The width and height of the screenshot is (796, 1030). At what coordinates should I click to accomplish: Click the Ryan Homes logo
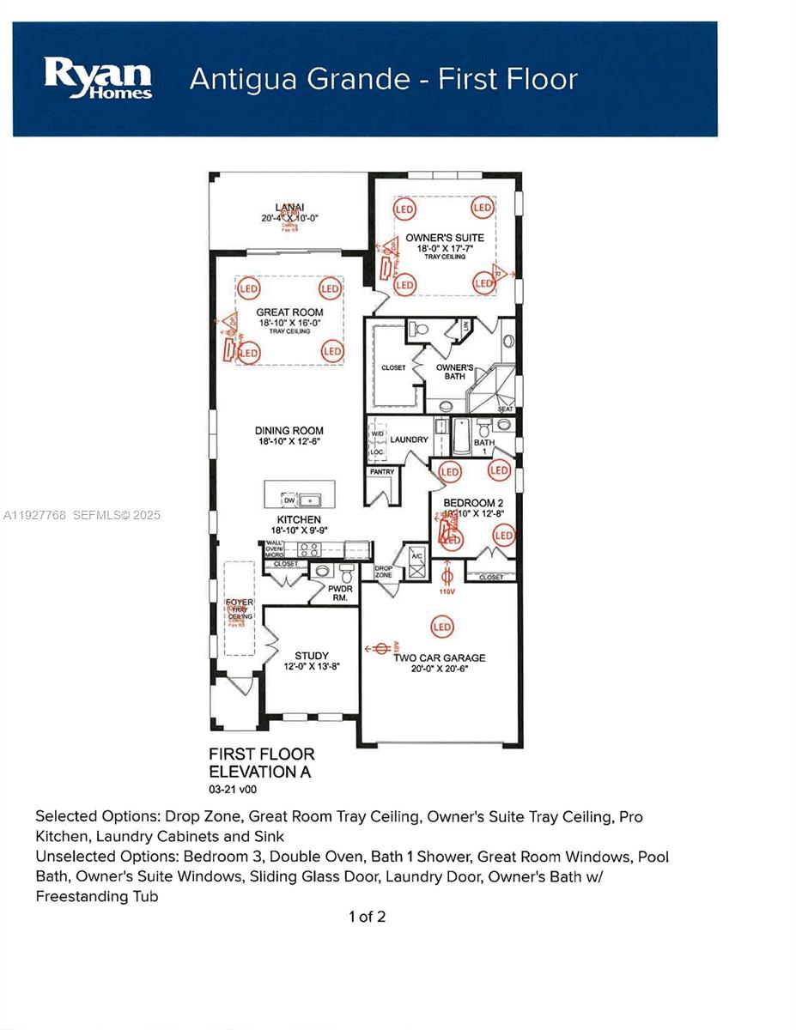pyautogui.click(x=98, y=79)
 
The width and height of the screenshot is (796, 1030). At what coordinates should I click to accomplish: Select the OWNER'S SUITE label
pyautogui.click(x=445, y=237)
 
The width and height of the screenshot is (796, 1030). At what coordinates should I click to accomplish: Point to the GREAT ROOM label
pyautogui.click(x=289, y=312)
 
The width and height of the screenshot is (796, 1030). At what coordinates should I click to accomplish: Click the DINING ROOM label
pyautogui.click(x=289, y=431)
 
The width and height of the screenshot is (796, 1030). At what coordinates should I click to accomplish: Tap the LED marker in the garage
pyautogui.click(x=442, y=627)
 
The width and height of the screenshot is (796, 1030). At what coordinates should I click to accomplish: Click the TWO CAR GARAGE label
pyautogui.click(x=440, y=658)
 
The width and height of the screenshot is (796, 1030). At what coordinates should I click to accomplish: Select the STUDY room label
pyautogui.click(x=312, y=656)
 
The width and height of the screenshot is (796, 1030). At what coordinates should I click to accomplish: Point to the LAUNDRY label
pyautogui.click(x=409, y=439)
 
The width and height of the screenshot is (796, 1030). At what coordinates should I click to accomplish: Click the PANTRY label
pyautogui.click(x=382, y=472)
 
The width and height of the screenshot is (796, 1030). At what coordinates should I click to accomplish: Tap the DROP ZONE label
pyautogui.click(x=383, y=572)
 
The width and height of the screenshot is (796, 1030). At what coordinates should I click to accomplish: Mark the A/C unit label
pyautogui.click(x=417, y=556)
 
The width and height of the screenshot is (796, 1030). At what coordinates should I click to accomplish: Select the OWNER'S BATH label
pyautogui.click(x=454, y=372)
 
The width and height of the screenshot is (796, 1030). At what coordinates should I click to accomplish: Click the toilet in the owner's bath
pyautogui.click(x=420, y=329)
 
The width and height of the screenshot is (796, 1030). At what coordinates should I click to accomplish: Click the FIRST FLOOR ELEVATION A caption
pyautogui.click(x=261, y=762)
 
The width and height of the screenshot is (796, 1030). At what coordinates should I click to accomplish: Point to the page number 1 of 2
pyautogui.click(x=367, y=917)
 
